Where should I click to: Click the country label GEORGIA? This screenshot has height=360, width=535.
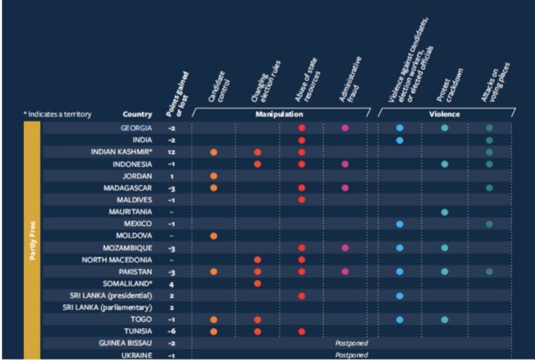tap(136, 128)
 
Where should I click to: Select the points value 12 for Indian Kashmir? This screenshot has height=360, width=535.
tap(172, 152)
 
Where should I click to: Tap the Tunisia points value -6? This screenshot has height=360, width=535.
tap(172, 331)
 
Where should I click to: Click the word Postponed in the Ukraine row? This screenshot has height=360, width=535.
tap(352, 355)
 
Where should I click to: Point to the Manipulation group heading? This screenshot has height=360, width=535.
tap(280, 114)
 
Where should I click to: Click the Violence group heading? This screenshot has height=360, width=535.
tap(444, 114)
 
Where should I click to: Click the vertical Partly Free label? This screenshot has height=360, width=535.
tap(32, 236)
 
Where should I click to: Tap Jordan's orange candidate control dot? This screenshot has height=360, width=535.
tap(213, 176)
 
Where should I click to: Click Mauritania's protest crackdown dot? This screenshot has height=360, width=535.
tap(445, 212)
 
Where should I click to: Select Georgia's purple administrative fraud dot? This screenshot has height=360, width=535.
tap(345, 128)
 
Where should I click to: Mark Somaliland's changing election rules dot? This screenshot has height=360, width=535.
tap(257, 284)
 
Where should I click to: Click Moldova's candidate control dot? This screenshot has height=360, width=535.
tap(213, 236)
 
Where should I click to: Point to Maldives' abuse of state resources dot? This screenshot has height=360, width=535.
tap(302, 199)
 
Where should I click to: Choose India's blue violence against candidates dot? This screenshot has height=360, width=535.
tap(400, 140)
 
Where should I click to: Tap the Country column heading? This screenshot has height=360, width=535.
tap(137, 114)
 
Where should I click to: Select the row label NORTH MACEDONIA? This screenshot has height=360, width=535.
tap(117, 260)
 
